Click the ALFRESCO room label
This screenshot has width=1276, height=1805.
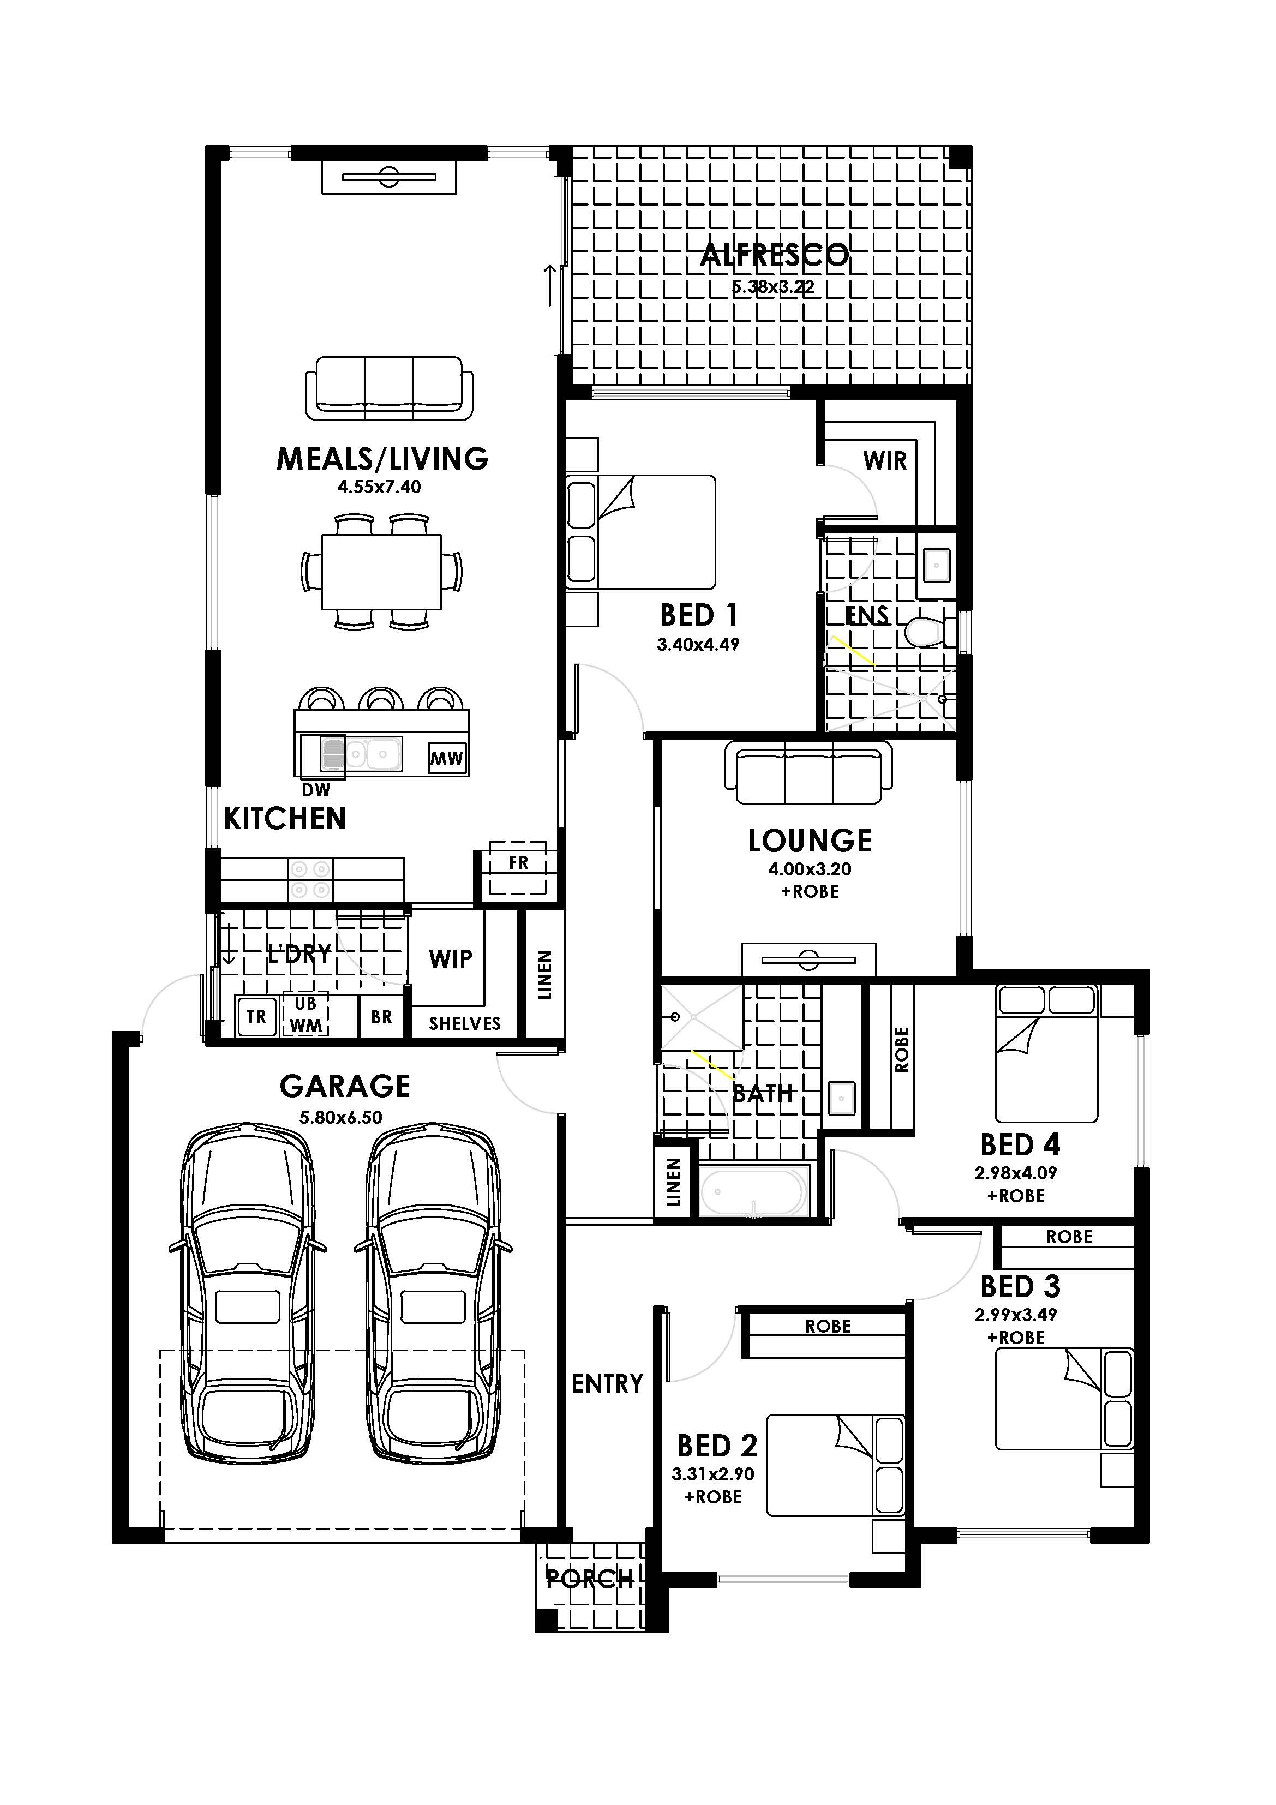coord(775,255)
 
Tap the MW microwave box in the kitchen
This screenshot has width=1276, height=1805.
coord(447,759)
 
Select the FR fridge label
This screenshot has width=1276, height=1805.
coord(519,862)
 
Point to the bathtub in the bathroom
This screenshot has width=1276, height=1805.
coord(754,1192)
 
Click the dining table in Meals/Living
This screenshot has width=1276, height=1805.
coord(381,572)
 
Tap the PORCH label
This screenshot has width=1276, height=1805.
coord(590,1579)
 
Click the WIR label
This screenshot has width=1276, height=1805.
coord(885,461)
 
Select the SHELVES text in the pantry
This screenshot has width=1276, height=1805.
coord(465,1023)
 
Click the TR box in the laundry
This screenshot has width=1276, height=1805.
coord(257,1016)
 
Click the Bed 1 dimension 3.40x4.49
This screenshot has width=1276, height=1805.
coord(698,645)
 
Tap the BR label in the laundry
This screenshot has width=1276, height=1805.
coord(381,1017)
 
